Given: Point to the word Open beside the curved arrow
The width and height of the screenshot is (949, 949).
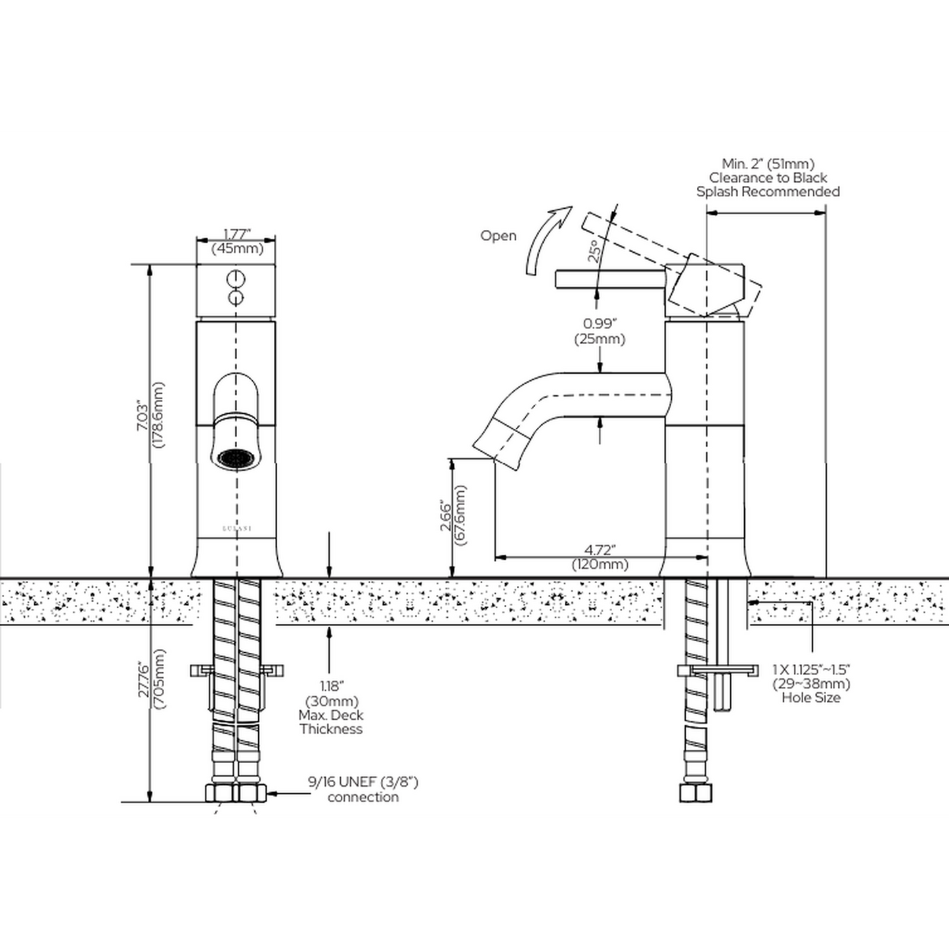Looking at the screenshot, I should [x=498, y=236].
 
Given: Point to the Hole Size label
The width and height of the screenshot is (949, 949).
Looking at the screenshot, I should [x=811, y=697].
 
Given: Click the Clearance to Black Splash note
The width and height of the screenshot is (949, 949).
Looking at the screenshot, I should [x=768, y=178].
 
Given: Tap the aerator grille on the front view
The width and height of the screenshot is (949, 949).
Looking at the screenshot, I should [x=236, y=458].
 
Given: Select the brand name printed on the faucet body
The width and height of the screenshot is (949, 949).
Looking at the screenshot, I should [x=236, y=528].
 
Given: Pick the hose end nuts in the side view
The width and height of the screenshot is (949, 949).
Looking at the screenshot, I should [x=695, y=794].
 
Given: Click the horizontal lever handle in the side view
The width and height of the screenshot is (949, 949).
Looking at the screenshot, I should [x=610, y=278].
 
